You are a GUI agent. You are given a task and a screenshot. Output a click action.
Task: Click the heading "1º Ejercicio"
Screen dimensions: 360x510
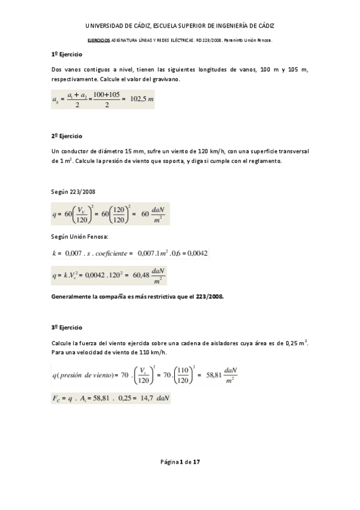67,55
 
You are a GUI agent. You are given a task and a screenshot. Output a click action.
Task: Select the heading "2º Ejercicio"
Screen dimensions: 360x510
67,137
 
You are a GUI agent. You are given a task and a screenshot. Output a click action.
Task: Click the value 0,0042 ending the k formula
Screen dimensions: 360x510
197,254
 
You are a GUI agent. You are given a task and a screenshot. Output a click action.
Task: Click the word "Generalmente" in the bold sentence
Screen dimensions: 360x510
73,297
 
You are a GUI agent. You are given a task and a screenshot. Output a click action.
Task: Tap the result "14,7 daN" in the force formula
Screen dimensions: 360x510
149,398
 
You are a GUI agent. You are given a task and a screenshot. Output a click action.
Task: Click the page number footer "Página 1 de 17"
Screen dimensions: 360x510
180,462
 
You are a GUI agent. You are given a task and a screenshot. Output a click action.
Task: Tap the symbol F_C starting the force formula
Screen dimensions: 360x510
59,398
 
